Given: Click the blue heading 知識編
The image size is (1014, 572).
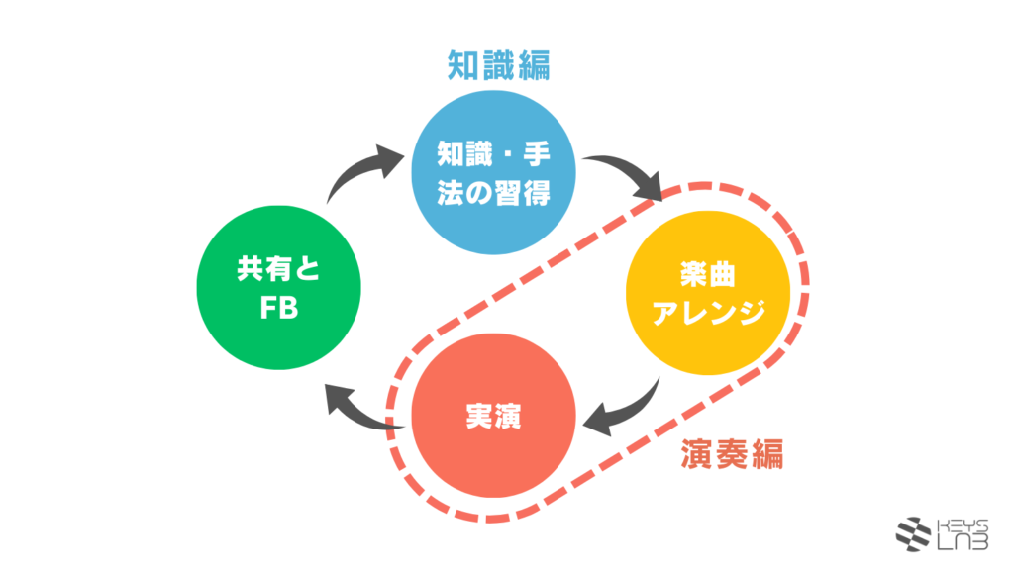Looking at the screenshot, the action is (499, 66).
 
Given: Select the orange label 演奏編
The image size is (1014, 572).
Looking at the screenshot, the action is (732, 453).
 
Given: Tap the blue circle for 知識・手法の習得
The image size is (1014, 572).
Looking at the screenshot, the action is (493, 172).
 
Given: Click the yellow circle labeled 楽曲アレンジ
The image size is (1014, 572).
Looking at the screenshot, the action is (708, 293).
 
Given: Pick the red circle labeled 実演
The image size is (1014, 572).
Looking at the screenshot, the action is (493, 416).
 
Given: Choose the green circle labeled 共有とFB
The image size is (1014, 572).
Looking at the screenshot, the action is (278, 288).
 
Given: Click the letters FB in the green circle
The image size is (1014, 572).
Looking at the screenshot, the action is (278, 308).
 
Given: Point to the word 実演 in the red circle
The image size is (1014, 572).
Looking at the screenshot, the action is (493, 417).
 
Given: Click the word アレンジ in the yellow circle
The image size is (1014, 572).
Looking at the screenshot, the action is (708, 312).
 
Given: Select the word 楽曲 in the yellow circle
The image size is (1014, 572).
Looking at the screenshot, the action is (708, 275).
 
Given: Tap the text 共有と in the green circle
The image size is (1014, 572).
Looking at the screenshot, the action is (278, 269).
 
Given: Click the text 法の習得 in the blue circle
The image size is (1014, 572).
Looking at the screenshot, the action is (493, 193).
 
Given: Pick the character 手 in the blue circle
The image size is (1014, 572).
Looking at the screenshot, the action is (537, 154).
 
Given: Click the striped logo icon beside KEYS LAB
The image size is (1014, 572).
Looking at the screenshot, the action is (913, 533).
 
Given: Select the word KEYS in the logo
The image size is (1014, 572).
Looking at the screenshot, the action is (963, 525).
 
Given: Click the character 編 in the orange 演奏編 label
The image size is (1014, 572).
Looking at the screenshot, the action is (767, 453).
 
